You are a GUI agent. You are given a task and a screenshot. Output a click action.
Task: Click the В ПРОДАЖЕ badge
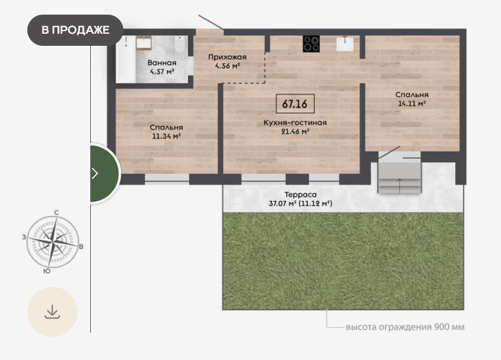(76, 30)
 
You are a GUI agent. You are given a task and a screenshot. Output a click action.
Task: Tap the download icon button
(52, 312)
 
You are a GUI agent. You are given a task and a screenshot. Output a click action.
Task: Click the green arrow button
(105, 173)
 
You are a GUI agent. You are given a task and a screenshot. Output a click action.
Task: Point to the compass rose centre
(53, 242)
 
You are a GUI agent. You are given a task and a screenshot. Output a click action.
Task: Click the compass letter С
(57, 212)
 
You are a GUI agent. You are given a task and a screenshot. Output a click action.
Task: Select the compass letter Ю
(46, 271)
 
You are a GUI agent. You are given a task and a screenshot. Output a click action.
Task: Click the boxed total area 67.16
(295, 104)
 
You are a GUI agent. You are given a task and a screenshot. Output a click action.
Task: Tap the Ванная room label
(162, 63)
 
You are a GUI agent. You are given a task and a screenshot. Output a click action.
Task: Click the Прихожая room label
(227, 57)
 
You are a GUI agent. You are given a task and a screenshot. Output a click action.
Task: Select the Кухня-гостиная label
(295, 123)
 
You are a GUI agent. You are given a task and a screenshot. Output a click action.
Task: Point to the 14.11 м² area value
(412, 104)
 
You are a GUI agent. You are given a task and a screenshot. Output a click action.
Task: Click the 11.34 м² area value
(167, 136)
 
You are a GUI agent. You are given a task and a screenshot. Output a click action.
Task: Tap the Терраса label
(300, 195)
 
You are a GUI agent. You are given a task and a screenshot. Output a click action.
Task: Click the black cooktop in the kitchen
(311, 44)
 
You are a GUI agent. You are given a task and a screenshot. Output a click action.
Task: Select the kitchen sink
(345, 44)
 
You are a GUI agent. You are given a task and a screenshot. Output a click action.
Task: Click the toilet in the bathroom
(180, 45)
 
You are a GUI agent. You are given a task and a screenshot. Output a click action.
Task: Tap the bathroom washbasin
(144, 43)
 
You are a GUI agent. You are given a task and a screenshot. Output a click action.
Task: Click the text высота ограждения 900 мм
(405, 327)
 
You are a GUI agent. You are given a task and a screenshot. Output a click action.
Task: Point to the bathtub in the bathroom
(126, 59)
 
